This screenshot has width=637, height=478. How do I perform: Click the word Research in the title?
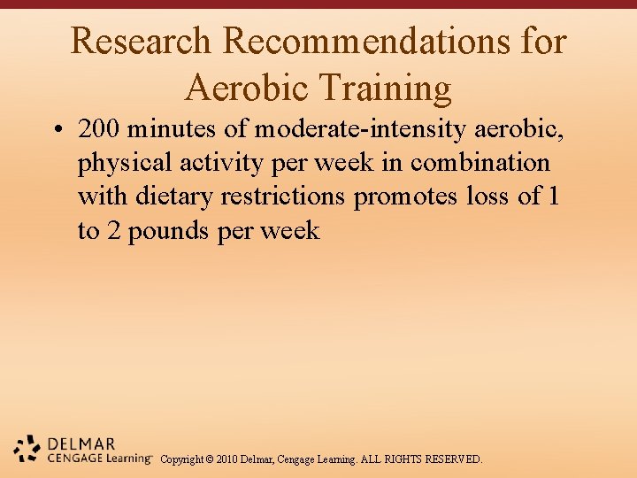141,42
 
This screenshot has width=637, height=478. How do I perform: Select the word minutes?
173,130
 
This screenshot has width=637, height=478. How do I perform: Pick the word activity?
213,164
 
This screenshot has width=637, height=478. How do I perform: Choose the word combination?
480,164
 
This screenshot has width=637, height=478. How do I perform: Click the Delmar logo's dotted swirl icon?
27,449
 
